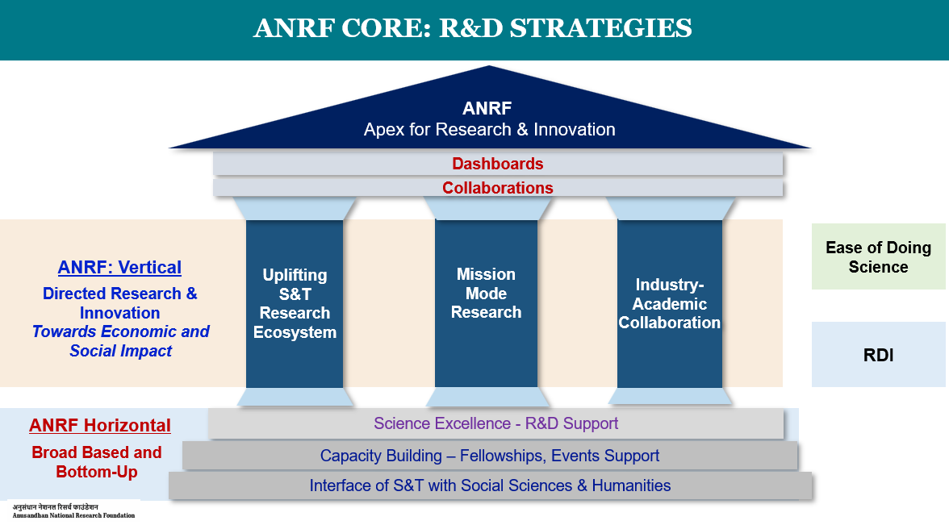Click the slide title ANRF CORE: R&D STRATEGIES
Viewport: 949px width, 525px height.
[x=473, y=27]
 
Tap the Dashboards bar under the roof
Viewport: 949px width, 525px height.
[x=497, y=164]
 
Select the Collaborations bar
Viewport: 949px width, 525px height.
[x=497, y=187]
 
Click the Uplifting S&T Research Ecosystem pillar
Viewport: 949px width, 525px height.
[x=295, y=303]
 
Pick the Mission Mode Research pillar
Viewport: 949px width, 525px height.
[x=486, y=303]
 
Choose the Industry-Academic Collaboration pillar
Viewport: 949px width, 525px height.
[x=670, y=303]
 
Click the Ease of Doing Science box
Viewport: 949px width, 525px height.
[x=878, y=256]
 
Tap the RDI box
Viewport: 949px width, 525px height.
[x=878, y=355]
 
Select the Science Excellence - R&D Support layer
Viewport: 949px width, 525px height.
[x=495, y=423]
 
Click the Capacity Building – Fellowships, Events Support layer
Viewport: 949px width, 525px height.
[x=490, y=456]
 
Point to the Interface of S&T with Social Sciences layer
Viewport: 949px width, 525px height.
[x=491, y=485]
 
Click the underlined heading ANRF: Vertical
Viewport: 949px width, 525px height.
[x=119, y=268]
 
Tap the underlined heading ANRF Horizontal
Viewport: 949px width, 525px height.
[x=100, y=425]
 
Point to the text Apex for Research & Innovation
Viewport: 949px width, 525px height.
[x=489, y=129]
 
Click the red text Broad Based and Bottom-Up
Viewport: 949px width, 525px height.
[x=97, y=462]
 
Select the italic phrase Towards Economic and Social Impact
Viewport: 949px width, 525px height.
[x=120, y=341]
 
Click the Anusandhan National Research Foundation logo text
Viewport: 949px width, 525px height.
[x=73, y=511]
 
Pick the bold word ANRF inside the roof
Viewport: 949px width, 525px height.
[x=487, y=108]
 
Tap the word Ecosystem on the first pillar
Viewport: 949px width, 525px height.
[x=295, y=332]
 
